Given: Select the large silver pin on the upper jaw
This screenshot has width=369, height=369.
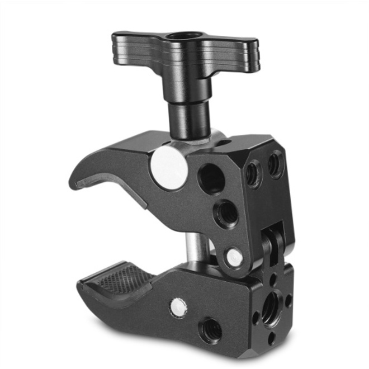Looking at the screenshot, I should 168,167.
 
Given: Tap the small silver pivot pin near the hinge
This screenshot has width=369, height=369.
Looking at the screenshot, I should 234,257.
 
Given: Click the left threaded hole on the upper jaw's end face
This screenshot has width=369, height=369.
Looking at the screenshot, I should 253,174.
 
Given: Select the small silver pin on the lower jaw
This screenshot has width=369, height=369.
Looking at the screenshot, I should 178,305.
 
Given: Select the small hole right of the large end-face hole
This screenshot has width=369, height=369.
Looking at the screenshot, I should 288,300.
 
